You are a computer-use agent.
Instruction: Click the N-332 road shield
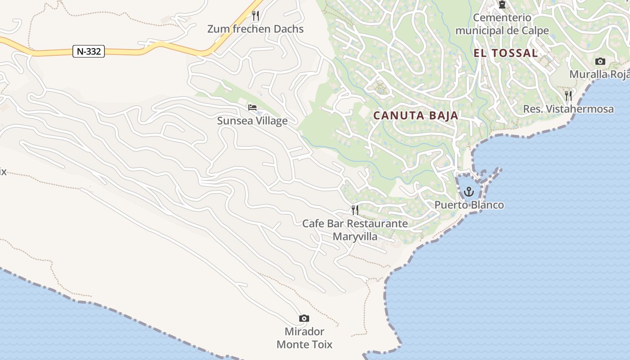[x=89, y=51]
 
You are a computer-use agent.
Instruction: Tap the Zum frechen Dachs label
[x=255, y=29]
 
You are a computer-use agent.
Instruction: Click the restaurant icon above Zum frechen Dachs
[x=256, y=16]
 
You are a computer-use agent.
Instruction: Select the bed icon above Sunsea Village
[x=252, y=107]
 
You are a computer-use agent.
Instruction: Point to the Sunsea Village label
[x=252, y=121]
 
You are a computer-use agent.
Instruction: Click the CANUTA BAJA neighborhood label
[x=416, y=116]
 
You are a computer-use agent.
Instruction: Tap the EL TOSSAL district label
[x=505, y=53]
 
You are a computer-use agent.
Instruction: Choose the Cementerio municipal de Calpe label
[x=502, y=24]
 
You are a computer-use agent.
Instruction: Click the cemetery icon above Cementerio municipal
[x=502, y=4]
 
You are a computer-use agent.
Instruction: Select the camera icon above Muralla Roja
[x=600, y=62]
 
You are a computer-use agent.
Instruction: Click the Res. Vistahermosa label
[x=568, y=109]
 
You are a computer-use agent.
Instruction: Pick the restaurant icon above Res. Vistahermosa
[x=568, y=95]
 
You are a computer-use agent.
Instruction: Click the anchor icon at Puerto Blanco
[x=469, y=192]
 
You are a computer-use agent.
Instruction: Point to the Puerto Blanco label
[x=469, y=205]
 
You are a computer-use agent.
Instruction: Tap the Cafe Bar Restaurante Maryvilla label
[x=355, y=230]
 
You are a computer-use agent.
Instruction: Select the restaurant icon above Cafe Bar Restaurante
[x=355, y=210]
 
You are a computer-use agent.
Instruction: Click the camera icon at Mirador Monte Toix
[x=304, y=319]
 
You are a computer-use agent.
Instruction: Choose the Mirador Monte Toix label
[x=304, y=338]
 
